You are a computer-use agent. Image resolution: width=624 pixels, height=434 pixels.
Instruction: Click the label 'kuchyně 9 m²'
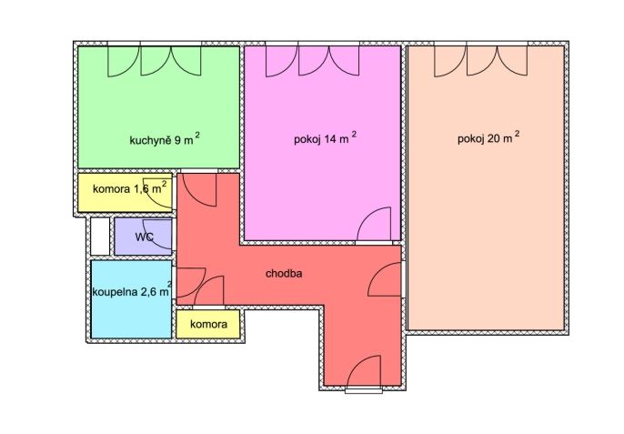[165, 139]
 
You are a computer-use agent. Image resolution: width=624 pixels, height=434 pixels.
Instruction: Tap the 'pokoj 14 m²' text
[325, 138]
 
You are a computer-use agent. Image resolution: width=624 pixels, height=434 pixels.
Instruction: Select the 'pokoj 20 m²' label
[488, 137]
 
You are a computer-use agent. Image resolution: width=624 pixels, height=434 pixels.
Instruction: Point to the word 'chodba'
[284, 274]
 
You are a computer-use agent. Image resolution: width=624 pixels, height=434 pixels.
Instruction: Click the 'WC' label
[145, 237]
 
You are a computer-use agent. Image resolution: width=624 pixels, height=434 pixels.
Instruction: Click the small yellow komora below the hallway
[208, 324]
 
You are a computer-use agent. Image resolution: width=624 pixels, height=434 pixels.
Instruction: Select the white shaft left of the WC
[100, 237]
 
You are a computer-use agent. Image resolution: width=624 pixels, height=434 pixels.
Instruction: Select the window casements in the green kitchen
[155, 61]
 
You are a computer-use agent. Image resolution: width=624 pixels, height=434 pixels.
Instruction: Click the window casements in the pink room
[313, 61]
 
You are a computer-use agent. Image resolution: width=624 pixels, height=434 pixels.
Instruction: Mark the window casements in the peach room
[481, 61]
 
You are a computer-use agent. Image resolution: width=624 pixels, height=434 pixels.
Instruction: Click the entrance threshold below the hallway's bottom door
[363, 390]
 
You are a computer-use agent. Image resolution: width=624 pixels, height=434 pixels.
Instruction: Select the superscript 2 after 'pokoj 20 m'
[518, 134]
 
